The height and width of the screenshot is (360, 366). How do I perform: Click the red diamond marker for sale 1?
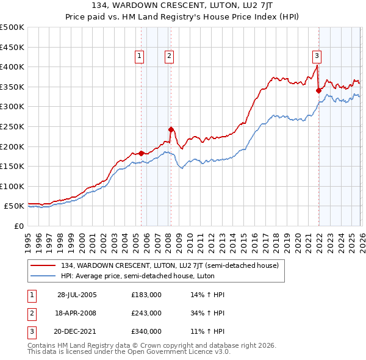click(x=141, y=153)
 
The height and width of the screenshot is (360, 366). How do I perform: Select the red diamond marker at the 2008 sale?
click(x=171, y=129)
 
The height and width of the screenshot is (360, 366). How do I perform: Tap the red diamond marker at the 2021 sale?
click(x=318, y=90)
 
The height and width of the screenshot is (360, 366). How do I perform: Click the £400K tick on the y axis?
click(x=12, y=67)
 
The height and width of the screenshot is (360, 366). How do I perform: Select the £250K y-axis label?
click(x=12, y=126)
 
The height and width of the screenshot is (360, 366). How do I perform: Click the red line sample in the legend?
click(x=43, y=266)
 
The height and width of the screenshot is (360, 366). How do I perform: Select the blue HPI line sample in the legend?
click(x=43, y=276)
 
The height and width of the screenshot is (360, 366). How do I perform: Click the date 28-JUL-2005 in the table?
click(x=77, y=295)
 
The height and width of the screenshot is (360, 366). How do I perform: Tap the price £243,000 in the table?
click(x=146, y=314)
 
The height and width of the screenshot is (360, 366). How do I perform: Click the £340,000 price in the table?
click(x=146, y=333)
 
